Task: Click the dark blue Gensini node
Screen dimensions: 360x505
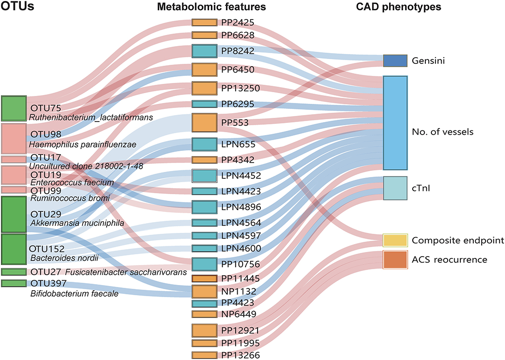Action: coord(395,61)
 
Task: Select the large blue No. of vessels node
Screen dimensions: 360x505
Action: coord(395,122)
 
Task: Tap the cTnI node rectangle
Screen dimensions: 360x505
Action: coord(395,188)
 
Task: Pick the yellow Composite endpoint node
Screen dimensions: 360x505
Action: coord(395,240)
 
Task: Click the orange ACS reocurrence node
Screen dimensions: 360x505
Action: coord(395,259)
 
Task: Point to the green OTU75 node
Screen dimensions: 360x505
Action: coord(14,109)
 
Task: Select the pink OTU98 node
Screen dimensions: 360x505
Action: coord(14,138)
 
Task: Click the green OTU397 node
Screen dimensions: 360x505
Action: coord(14,283)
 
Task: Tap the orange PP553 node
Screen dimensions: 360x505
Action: coord(205,122)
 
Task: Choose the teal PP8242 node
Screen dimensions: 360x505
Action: coord(205,51)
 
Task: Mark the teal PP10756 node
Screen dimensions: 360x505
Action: coord(205,264)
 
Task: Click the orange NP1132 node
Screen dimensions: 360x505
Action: coord(205,292)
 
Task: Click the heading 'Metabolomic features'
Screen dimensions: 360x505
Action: coord(212,7)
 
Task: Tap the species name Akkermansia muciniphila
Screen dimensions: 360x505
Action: coord(77,224)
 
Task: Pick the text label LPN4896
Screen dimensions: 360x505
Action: coord(241,207)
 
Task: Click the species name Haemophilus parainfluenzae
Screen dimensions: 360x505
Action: coord(83,145)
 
